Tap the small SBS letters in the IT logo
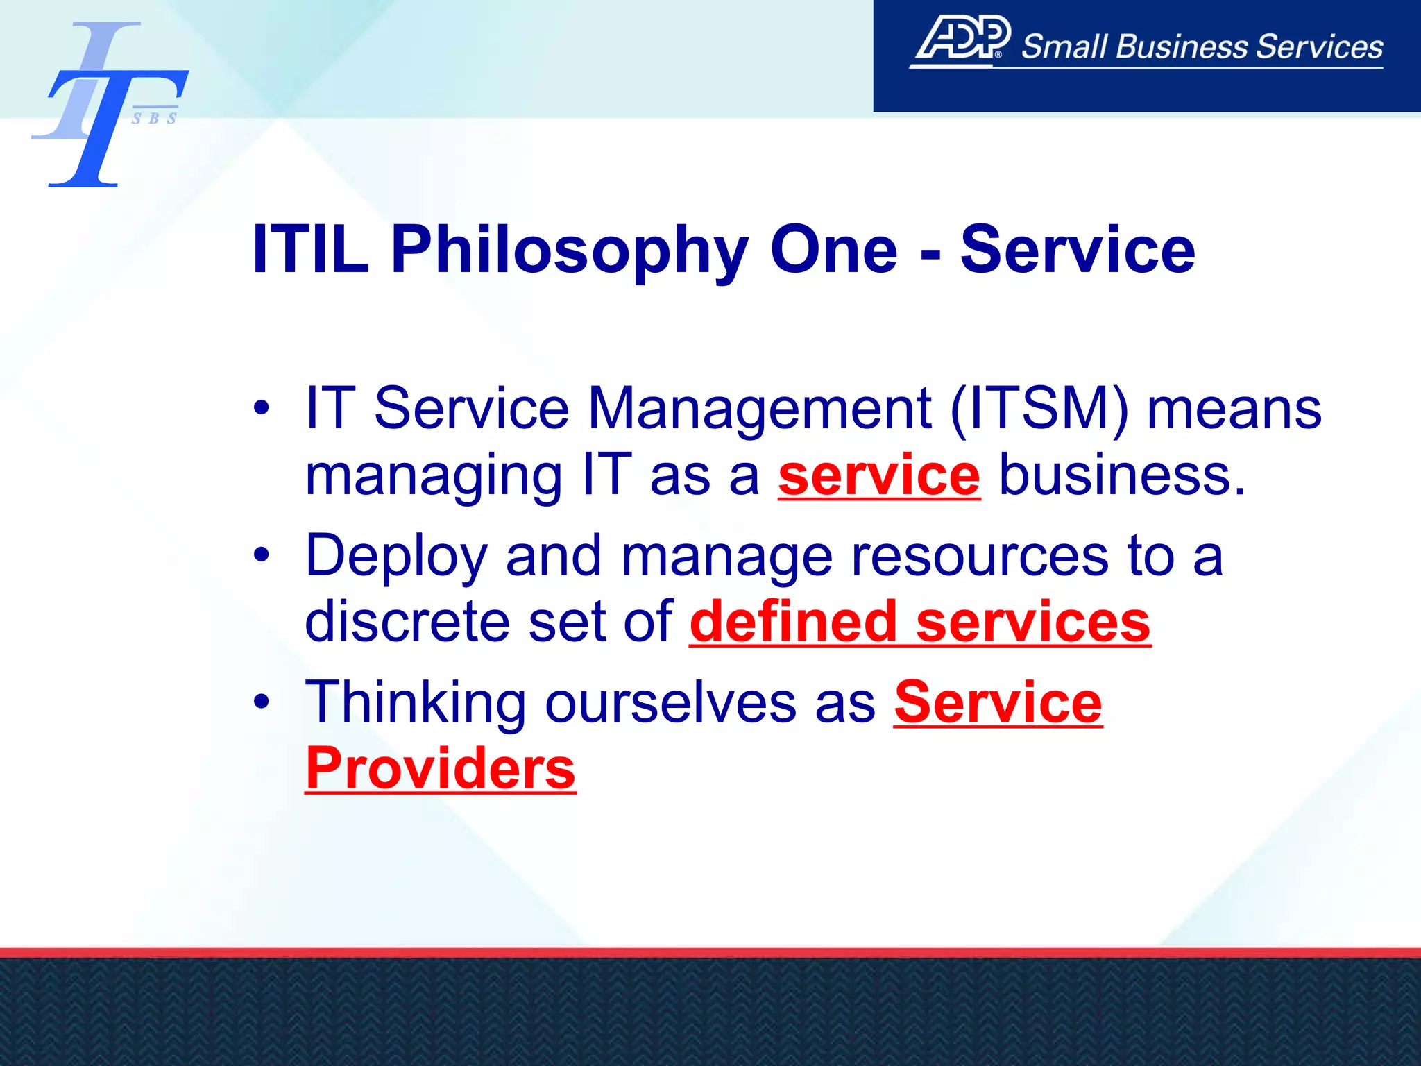point(154,119)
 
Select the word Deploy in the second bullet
point(396,557)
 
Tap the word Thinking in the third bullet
point(416,702)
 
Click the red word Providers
point(441,768)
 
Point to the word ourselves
point(670,702)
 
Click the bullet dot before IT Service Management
point(261,408)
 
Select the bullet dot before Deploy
point(261,555)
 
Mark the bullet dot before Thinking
point(261,702)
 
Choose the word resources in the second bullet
point(979,557)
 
